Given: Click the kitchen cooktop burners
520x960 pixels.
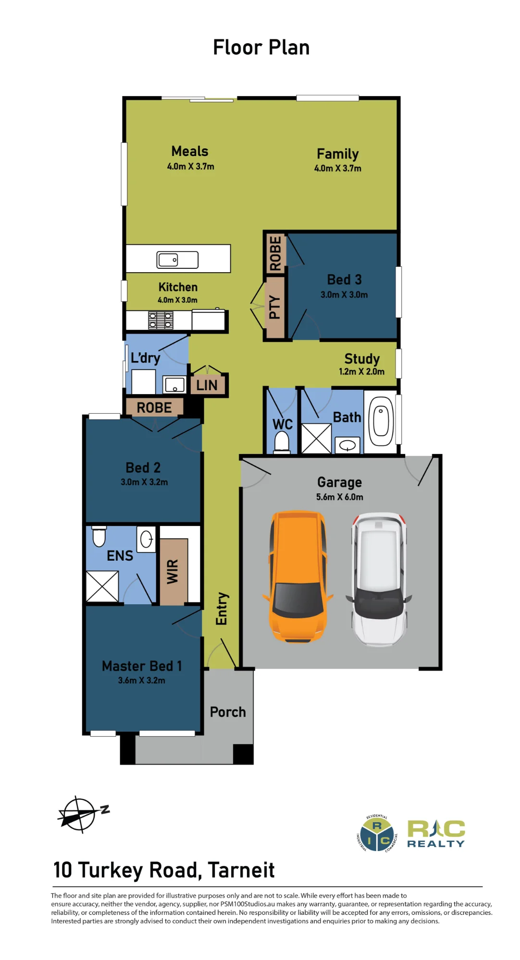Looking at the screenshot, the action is [161, 320].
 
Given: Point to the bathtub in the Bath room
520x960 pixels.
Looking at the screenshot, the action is [381, 422].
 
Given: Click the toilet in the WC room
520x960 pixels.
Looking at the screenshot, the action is [282, 442].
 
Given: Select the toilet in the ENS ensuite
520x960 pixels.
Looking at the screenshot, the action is [99, 537].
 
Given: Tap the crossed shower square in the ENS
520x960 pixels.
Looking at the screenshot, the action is [102, 586].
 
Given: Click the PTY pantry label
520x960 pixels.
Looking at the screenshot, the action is [274, 307].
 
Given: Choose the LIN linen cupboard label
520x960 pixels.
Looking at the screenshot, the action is [207, 385].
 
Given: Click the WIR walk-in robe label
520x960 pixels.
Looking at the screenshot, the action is [173, 572].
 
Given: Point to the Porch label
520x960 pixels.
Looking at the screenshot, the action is [228, 712].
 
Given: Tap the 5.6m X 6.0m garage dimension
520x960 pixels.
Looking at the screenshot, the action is [340, 497].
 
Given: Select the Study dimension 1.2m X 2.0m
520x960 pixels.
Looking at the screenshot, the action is [362, 372].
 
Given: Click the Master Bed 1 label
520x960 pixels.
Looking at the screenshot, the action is [142, 666].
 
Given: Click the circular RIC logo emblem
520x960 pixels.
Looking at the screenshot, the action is [377, 834].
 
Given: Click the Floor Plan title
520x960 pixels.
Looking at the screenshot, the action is [261, 48].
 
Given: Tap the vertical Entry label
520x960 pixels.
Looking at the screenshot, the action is [222, 609].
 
